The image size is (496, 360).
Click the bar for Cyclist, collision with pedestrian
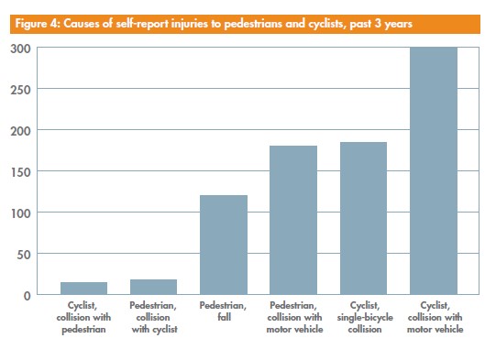coord(83,289)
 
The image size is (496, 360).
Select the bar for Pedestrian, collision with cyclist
coord(153,287)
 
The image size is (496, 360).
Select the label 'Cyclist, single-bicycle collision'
coord(363,317)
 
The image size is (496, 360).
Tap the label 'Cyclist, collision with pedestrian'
coord(83,317)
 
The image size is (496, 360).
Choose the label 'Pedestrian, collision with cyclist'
coord(153,317)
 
